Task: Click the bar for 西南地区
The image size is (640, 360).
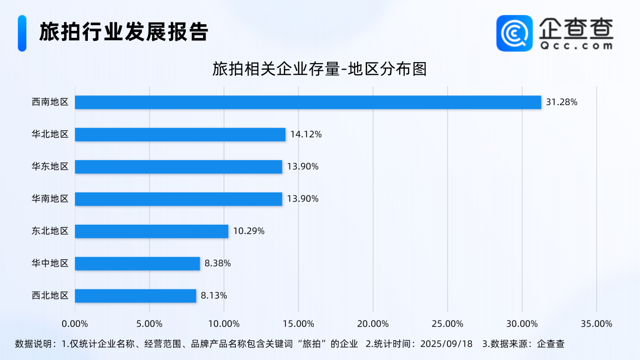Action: (x=308, y=102)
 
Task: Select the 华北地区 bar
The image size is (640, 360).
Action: (x=180, y=134)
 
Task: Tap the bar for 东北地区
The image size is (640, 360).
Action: (x=152, y=231)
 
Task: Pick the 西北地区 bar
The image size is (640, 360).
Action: (x=135, y=295)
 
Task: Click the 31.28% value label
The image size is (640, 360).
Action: (x=562, y=102)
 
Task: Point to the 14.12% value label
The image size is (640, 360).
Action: (x=306, y=134)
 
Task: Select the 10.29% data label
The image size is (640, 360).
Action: (x=249, y=231)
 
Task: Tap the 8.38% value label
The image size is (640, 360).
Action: (x=218, y=263)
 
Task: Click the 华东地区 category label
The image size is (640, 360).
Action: (x=50, y=167)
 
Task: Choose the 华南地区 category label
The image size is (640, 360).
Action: (x=50, y=199)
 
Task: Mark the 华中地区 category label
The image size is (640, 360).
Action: (x=50, y=263)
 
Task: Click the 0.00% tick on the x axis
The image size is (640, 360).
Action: (x=75, y=324)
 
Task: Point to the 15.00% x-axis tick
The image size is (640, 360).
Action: (x=298, y=324)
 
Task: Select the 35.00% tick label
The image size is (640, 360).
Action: (x=596, y=324)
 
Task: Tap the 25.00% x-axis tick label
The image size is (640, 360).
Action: (x=447, y=324)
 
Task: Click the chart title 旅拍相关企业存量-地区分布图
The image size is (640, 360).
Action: (x=320, y=69)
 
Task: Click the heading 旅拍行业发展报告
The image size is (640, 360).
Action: (x=124, y=32)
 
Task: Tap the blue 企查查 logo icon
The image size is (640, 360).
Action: (x=514, y=33)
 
